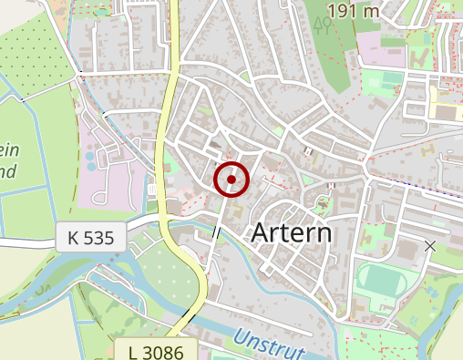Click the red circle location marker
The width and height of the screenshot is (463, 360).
pos(231,180)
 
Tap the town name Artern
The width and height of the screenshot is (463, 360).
pos(291,233)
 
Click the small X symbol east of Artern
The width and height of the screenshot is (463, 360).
pos(430,246)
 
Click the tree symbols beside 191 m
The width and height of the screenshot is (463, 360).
pos(322,23)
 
